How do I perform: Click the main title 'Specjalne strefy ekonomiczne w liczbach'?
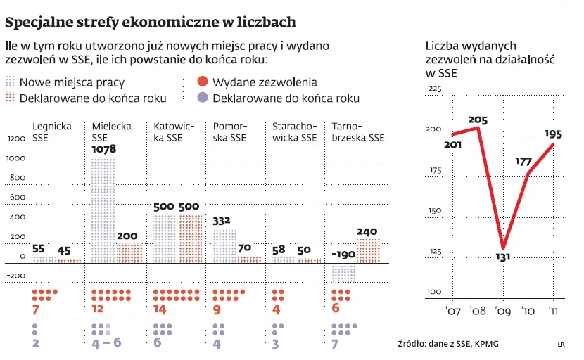[x=151, y=22]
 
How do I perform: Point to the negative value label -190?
[x=343, y=255]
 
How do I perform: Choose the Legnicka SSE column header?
[x=52, y=131]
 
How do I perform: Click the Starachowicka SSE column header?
[x=295, y=131]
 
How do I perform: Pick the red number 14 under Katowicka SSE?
[x=161, y=309]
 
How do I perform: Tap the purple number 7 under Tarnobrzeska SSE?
[x=336, y=344]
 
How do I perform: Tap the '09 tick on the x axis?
[x=502, y=309]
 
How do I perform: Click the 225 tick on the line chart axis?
[x=433, y=89]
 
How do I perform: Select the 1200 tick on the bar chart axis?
[x=15, y=139]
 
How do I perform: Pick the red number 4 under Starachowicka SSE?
[x=277, y=309]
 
